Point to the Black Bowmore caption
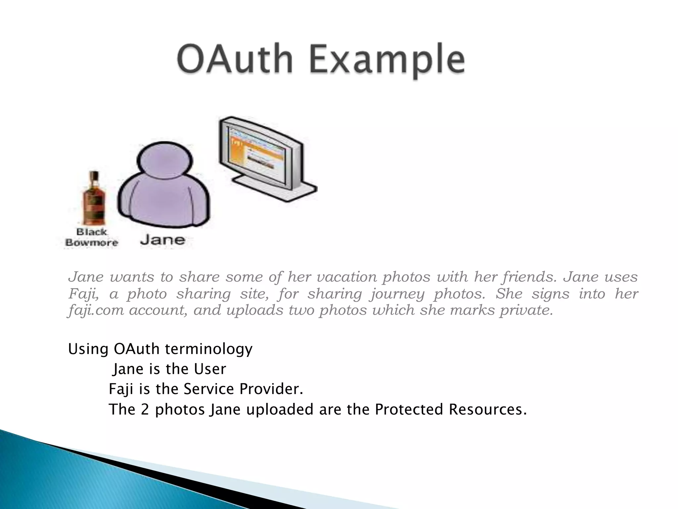[92, 237]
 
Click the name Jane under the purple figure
[163, 240]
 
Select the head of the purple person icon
[165, 160]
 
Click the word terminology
[209, 349]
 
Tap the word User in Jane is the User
[210, 369]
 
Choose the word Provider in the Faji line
[271, 389]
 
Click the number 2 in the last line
[145, 410]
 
